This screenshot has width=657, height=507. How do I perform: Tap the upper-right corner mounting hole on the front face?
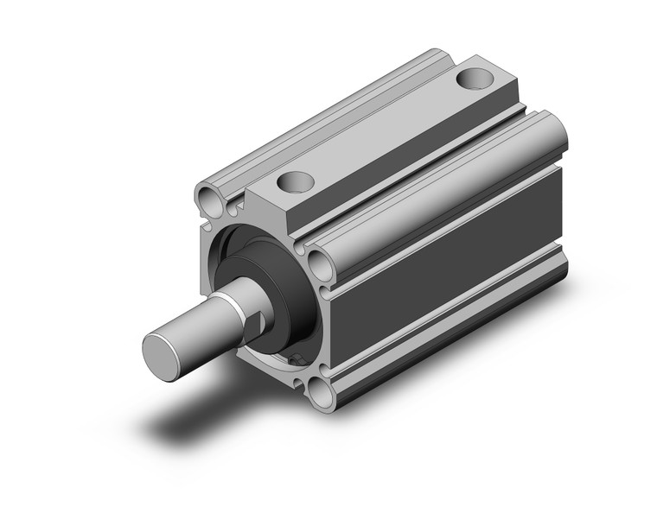click(319, 260)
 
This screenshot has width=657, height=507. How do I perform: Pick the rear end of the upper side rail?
click(553, 130)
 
